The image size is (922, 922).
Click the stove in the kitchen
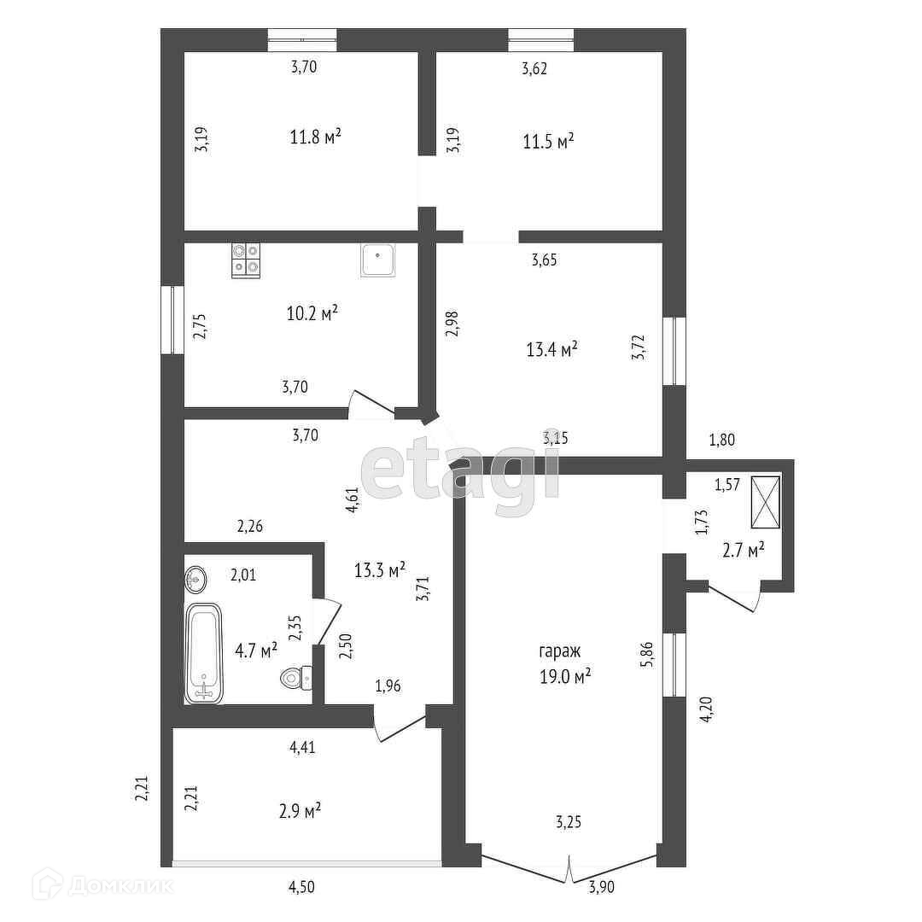[x=246, y=260]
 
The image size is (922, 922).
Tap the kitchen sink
[x=378, y=260]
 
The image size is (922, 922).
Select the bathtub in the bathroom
[x=204, y=653]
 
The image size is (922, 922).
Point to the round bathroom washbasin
[x=195, y=581]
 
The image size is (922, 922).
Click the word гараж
[x=559, y=651]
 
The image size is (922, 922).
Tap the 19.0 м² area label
[x=565, y=675]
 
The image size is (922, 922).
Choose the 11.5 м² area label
[x=547, y=141]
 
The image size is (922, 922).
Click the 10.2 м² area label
[x=312, y=313]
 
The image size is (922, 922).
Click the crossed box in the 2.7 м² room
[x=765, y=502]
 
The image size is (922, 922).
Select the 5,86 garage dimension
[x=650, y=654]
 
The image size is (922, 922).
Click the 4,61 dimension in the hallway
[x=352, y=499]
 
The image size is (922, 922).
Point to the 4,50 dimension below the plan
[x=301, y=887]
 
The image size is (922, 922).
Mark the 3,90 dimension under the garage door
[x=601, y=888]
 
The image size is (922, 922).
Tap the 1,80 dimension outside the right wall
[x=722, y=441]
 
